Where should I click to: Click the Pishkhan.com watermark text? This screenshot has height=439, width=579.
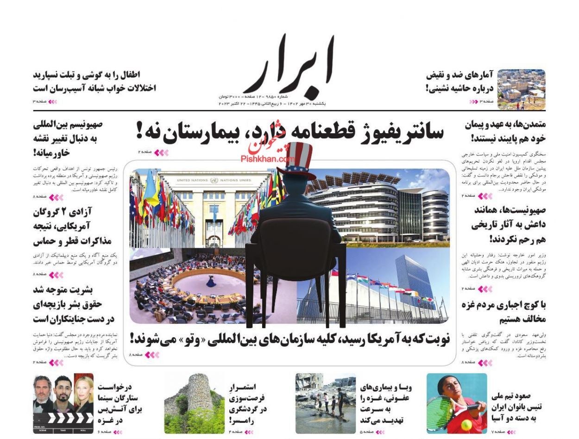(268, 158)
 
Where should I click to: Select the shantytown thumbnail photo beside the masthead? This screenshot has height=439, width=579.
(521, 89)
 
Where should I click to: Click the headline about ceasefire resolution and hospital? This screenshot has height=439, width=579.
(289, 132)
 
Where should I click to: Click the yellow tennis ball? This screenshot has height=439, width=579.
(466, 425)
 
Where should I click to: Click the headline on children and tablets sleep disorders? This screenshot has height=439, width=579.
(94, 81)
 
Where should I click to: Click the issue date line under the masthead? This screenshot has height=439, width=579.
(272, 103)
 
